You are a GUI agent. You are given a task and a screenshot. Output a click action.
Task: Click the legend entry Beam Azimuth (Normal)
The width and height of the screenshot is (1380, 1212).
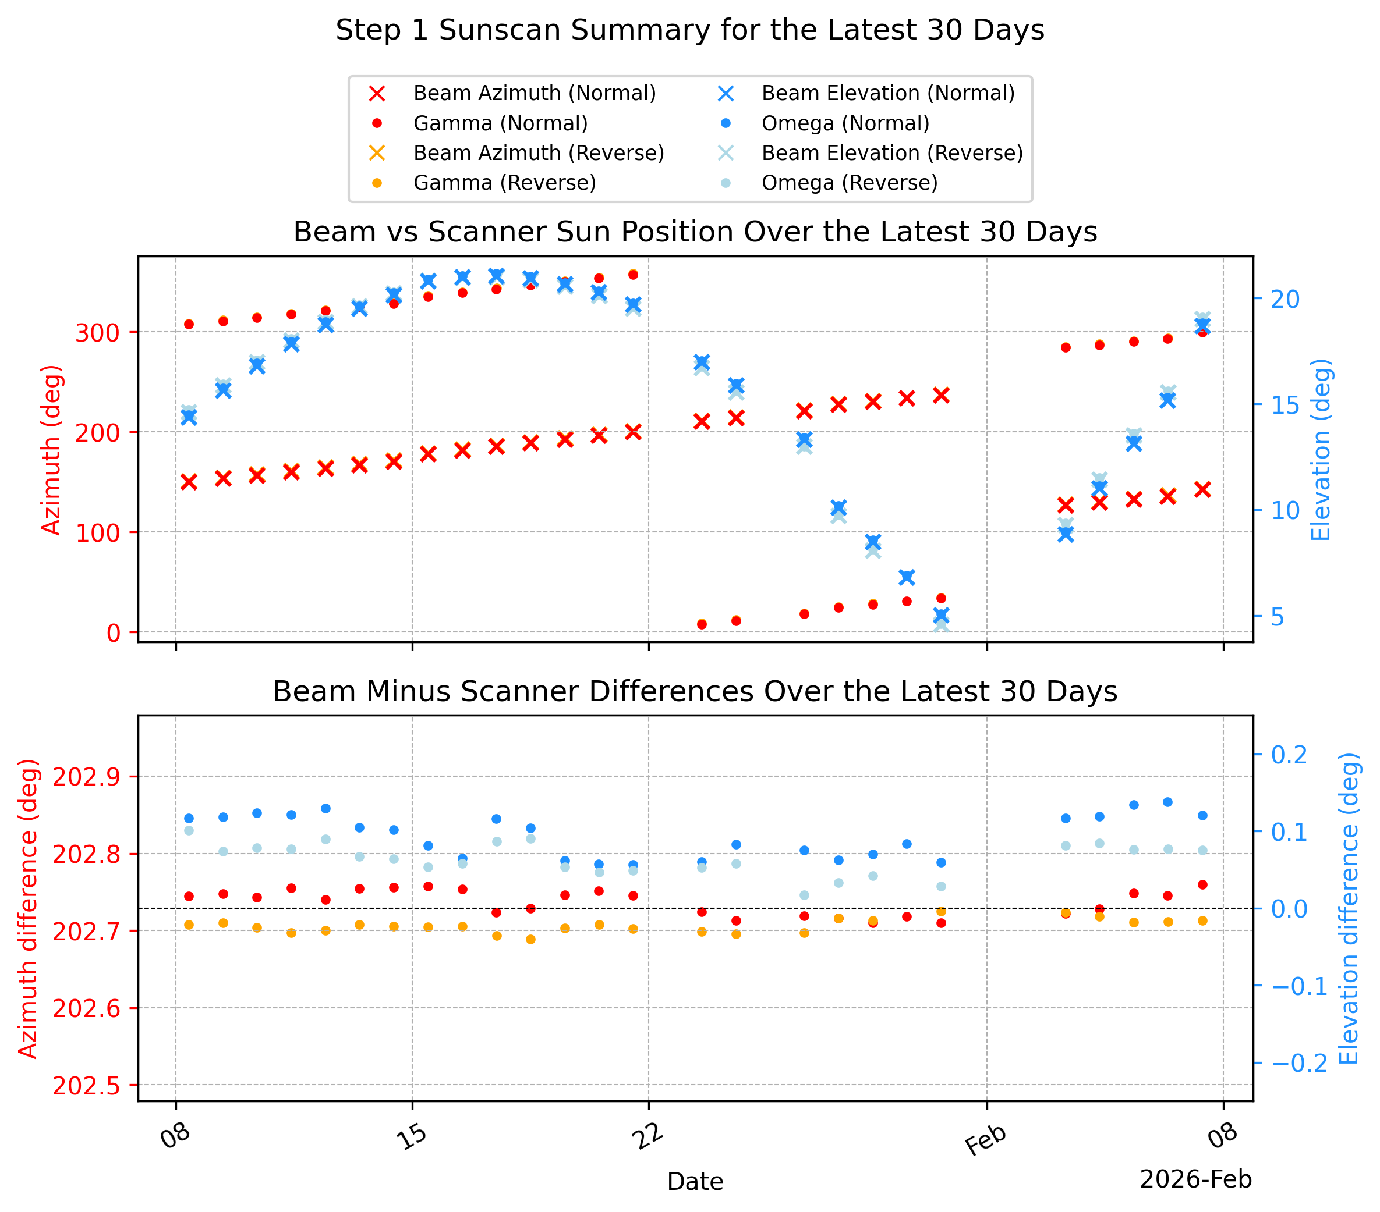(534, 93)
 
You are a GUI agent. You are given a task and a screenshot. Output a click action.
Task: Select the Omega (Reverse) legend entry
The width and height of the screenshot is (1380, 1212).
(850, 183)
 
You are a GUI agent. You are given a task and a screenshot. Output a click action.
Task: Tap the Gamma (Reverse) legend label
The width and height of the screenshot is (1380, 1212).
(504, 183)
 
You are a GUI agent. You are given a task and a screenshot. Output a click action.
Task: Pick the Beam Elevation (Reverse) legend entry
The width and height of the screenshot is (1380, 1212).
(892, 153)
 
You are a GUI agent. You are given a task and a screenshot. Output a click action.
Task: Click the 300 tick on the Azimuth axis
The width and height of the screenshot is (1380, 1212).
(97, 333)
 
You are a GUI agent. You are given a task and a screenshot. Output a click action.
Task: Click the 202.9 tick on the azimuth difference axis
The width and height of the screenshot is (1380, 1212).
(86, 777)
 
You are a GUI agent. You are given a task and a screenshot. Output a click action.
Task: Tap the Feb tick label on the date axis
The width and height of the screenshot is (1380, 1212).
(986, 1140)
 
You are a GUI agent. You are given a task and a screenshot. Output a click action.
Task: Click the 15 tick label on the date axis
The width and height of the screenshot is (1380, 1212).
(412, 1136)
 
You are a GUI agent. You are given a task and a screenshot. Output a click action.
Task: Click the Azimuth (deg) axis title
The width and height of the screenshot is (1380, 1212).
(51, 450)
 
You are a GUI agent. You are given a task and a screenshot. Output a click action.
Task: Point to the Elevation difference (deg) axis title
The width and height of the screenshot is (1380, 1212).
(1349, 909)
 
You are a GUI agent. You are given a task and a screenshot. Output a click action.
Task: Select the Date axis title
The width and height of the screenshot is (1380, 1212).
(695, 1182)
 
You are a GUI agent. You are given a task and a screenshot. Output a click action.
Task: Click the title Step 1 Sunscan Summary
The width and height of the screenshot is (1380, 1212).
(690, 30)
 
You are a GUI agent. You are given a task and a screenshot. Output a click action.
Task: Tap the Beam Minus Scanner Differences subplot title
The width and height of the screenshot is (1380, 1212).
(695, 692)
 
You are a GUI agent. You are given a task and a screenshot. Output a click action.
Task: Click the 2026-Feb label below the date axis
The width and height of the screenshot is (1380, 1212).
(1195, 1179)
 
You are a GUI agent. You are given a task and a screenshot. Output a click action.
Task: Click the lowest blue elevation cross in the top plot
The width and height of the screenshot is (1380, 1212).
(941, 616)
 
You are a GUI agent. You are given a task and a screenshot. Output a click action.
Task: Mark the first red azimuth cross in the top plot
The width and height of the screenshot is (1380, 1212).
(189, 482)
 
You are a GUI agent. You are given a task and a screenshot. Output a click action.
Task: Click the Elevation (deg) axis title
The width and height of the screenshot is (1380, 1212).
(1321, 450)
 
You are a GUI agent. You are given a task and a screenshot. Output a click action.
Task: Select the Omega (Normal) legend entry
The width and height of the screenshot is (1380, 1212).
(845, 123)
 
